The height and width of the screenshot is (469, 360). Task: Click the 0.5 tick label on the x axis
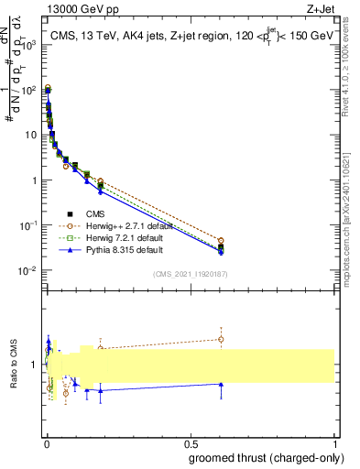pyautogui.click(x=191, y=443)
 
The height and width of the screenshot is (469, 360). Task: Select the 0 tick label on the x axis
pyautogui.click(x=47, y=443)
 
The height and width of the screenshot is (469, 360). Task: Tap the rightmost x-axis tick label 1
pyautogui.click(x=334, y=443)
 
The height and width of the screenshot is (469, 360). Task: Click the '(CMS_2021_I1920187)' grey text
pyautogui.click(x=189, y=272)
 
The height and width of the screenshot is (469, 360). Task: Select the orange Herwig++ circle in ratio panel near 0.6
pyautogui.click(x=220, y=339)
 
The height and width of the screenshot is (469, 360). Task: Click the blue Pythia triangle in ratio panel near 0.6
pyautogui.click(x=220, y=385)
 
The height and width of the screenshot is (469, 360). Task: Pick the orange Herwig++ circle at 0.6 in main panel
pyautogui.click(x=220, y=240)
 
